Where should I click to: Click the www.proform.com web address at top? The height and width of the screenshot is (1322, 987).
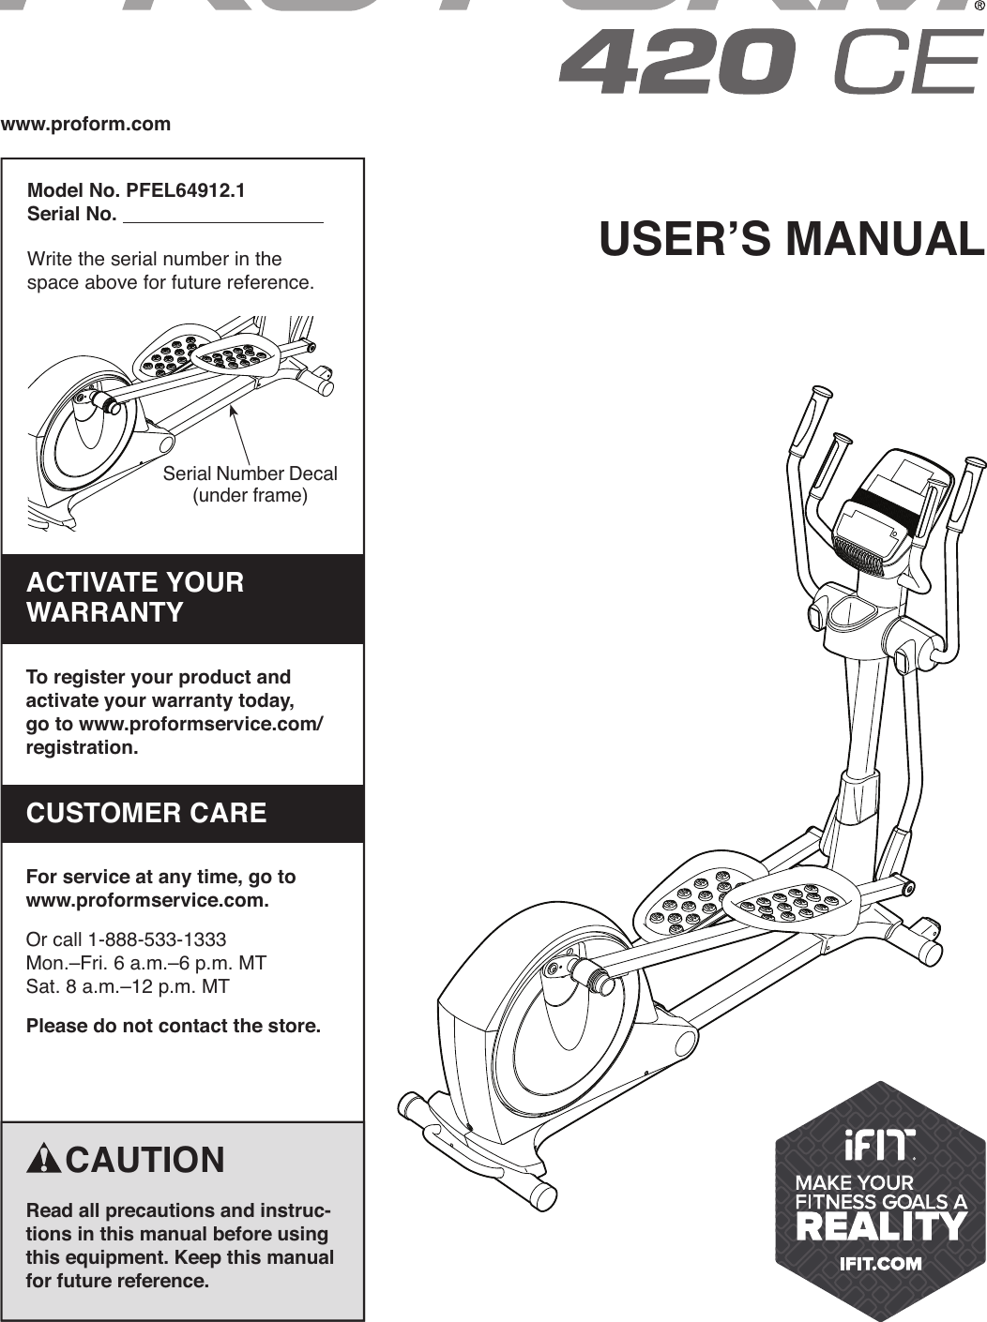pos(86,124)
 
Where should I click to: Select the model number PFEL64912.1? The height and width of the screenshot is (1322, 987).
pos(186,190)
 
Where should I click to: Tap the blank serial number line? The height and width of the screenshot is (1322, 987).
pos(223,217)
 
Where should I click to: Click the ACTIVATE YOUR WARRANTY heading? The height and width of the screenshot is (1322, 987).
pos(135,597)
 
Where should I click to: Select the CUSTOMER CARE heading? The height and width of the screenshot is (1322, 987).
pos(146,813)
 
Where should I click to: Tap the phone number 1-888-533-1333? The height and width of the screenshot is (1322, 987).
pos(157,939)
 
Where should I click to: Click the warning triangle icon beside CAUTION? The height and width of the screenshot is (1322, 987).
pos(43,1160)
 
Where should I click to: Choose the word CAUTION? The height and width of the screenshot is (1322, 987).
pos(145,1160)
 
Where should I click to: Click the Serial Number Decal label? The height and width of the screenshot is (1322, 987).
pos(250,474)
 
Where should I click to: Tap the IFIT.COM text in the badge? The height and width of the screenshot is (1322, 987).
pos(879,1263)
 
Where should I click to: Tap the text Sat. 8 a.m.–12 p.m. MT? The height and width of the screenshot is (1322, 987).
pos(128,986)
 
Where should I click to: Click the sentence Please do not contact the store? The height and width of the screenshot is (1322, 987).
pos(174,1026)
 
